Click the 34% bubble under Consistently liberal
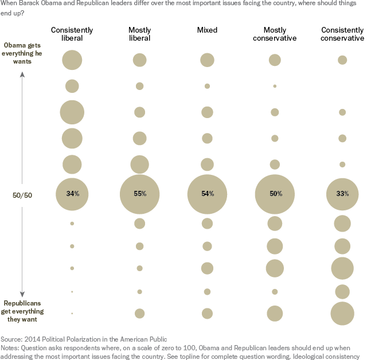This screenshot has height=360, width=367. click(72, 194)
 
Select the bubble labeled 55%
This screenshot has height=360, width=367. click(139, 194)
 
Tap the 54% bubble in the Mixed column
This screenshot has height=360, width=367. click(207, 194)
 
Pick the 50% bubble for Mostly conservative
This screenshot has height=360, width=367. click(275, 194)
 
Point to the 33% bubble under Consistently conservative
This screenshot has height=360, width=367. click(342, 194)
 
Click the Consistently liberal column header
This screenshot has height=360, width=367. click(72, 34)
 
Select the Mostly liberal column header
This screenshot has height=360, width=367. click(139, 34)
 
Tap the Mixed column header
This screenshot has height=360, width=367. click(207, 30)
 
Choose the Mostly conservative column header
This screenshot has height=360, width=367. click(275, 34)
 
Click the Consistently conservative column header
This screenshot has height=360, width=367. click(342, 34)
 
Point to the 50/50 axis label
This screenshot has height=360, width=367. click(22, 194)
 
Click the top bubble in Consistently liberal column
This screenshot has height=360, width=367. click(72, 60)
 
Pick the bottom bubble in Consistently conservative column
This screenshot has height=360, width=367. click(342, 313)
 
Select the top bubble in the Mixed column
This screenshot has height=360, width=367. click(207, 60)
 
